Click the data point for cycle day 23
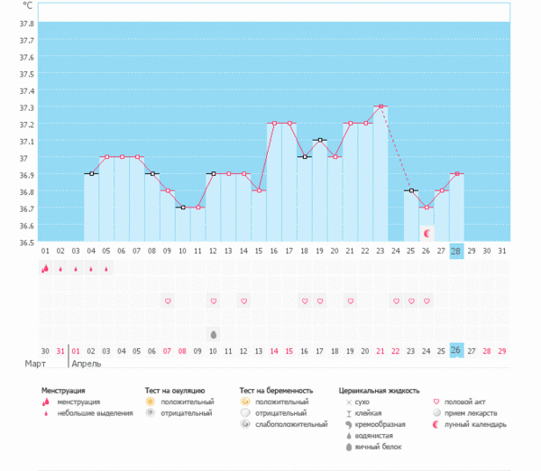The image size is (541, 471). (381, 106)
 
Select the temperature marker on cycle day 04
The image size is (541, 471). (90, 173)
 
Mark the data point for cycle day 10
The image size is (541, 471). (182, 208)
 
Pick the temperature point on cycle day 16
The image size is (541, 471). (274, 123)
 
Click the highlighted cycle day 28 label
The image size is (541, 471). (457, 251)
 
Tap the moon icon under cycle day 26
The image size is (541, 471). (427, 233)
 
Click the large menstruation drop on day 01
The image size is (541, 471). (44, 268)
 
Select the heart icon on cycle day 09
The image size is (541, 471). (167, 300)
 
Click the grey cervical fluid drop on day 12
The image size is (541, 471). (213, 334)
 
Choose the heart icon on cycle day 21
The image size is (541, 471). (351, 300)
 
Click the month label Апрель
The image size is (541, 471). (87, 365)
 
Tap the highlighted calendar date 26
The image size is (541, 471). (457, 350)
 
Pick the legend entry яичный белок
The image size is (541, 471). (378, 447)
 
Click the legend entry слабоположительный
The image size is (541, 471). (291, 424)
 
